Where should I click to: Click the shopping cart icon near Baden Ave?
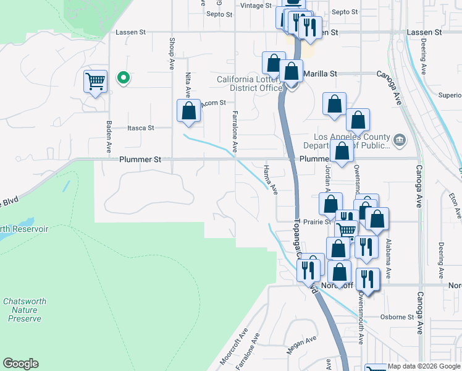pos(95,81)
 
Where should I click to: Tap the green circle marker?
pos(124,78)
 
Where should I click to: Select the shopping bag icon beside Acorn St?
pos(189,111)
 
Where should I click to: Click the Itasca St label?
pos(140,128)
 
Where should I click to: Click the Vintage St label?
pos(256,6)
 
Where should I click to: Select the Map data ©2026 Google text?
pos(424,366)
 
